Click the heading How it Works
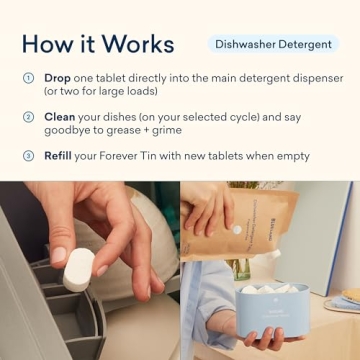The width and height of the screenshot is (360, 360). pyautogui.click(x=98, y=44)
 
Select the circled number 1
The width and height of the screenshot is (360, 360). pyautogui.click(x=28, y=78)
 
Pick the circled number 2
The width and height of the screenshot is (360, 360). pyautogui.click(x=28, y=117)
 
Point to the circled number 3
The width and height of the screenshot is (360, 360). pyautogui.click(x=28, y=156)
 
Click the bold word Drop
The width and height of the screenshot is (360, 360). pyautogui.click(x=58, y=78)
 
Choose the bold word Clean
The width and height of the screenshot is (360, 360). pyautogui.click(x=61, y=117)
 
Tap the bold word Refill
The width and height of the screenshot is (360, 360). pyautogui.click(x=60, y=156)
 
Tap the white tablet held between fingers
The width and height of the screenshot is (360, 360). pyautogui.click(x=78, y=269)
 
